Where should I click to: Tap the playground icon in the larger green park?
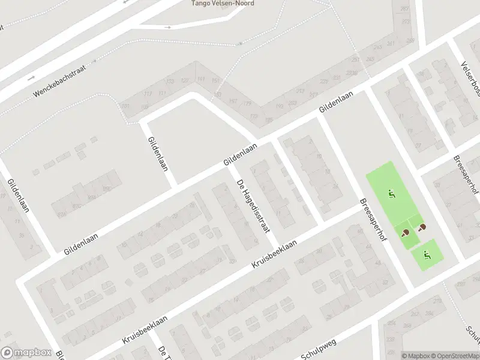tap(391, 194)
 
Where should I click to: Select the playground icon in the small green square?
tap(427, 255)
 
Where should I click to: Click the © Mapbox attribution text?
tap(415, 356)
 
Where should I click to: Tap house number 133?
tap(170, 82)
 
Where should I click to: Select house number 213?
tap(300, 91)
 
